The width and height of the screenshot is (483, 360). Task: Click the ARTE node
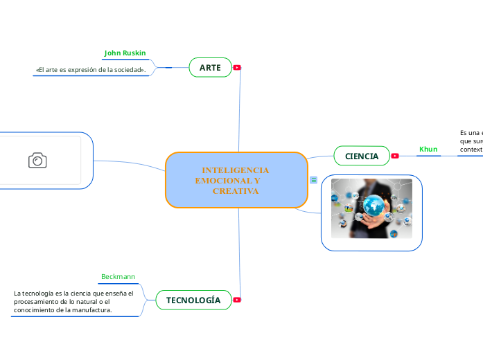(x=210, y=67)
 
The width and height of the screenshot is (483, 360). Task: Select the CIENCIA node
(x=362, y=156)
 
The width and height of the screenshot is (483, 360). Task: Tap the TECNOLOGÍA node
(x=194, y=300)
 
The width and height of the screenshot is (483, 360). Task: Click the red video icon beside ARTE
(x=237, y=67)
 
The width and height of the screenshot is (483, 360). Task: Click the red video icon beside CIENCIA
(x=395, y=156)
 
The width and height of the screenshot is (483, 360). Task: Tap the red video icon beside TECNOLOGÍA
(x=237, y=300)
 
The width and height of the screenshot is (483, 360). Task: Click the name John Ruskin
(x=125, y=53)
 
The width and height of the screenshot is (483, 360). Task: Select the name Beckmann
(x=118, y=276)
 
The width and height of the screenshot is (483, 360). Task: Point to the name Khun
(x=428, y=149)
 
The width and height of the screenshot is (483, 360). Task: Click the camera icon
(x=37, y=161)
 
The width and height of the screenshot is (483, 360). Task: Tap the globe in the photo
(x=375, y=205)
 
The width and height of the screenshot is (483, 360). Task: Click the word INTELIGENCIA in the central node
(x=236, y=170)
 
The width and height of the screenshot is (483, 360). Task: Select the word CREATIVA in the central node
(x=236, y=190)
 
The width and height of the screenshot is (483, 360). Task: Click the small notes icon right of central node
(x=314, y=180)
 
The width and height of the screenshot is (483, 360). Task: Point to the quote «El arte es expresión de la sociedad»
(x=90, y=70)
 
